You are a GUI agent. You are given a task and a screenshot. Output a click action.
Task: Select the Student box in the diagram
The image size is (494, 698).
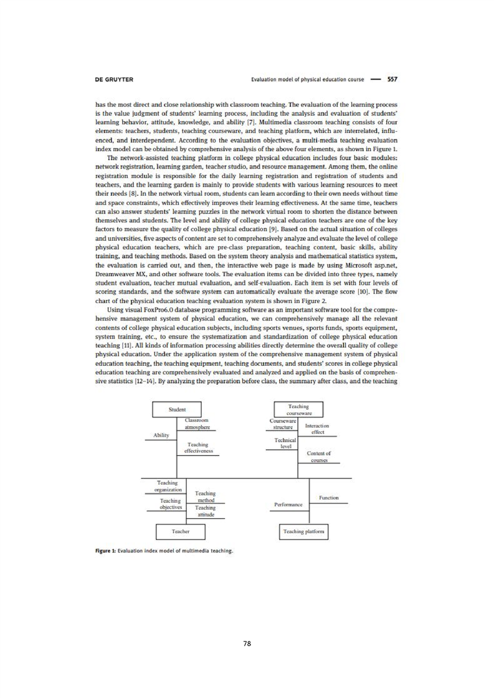pos(178,409)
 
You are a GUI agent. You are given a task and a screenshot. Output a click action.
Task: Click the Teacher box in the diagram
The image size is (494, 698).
pos(181,532)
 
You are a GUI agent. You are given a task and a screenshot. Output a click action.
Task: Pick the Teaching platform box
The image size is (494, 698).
pos(303,532)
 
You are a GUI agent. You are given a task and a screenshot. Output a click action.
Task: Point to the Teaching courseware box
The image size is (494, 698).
pos(299,409)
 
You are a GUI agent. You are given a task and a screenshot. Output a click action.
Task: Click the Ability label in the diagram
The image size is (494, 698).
pos(161,435)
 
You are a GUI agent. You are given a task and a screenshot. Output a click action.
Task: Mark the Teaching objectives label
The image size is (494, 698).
pos(170,504)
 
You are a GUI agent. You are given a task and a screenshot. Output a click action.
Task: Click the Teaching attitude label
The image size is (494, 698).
pos(206,511)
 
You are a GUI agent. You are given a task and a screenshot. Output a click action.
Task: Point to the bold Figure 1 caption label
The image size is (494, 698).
pos(103,551)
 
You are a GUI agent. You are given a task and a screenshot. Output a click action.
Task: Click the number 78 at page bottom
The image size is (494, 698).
pos(247,643)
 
